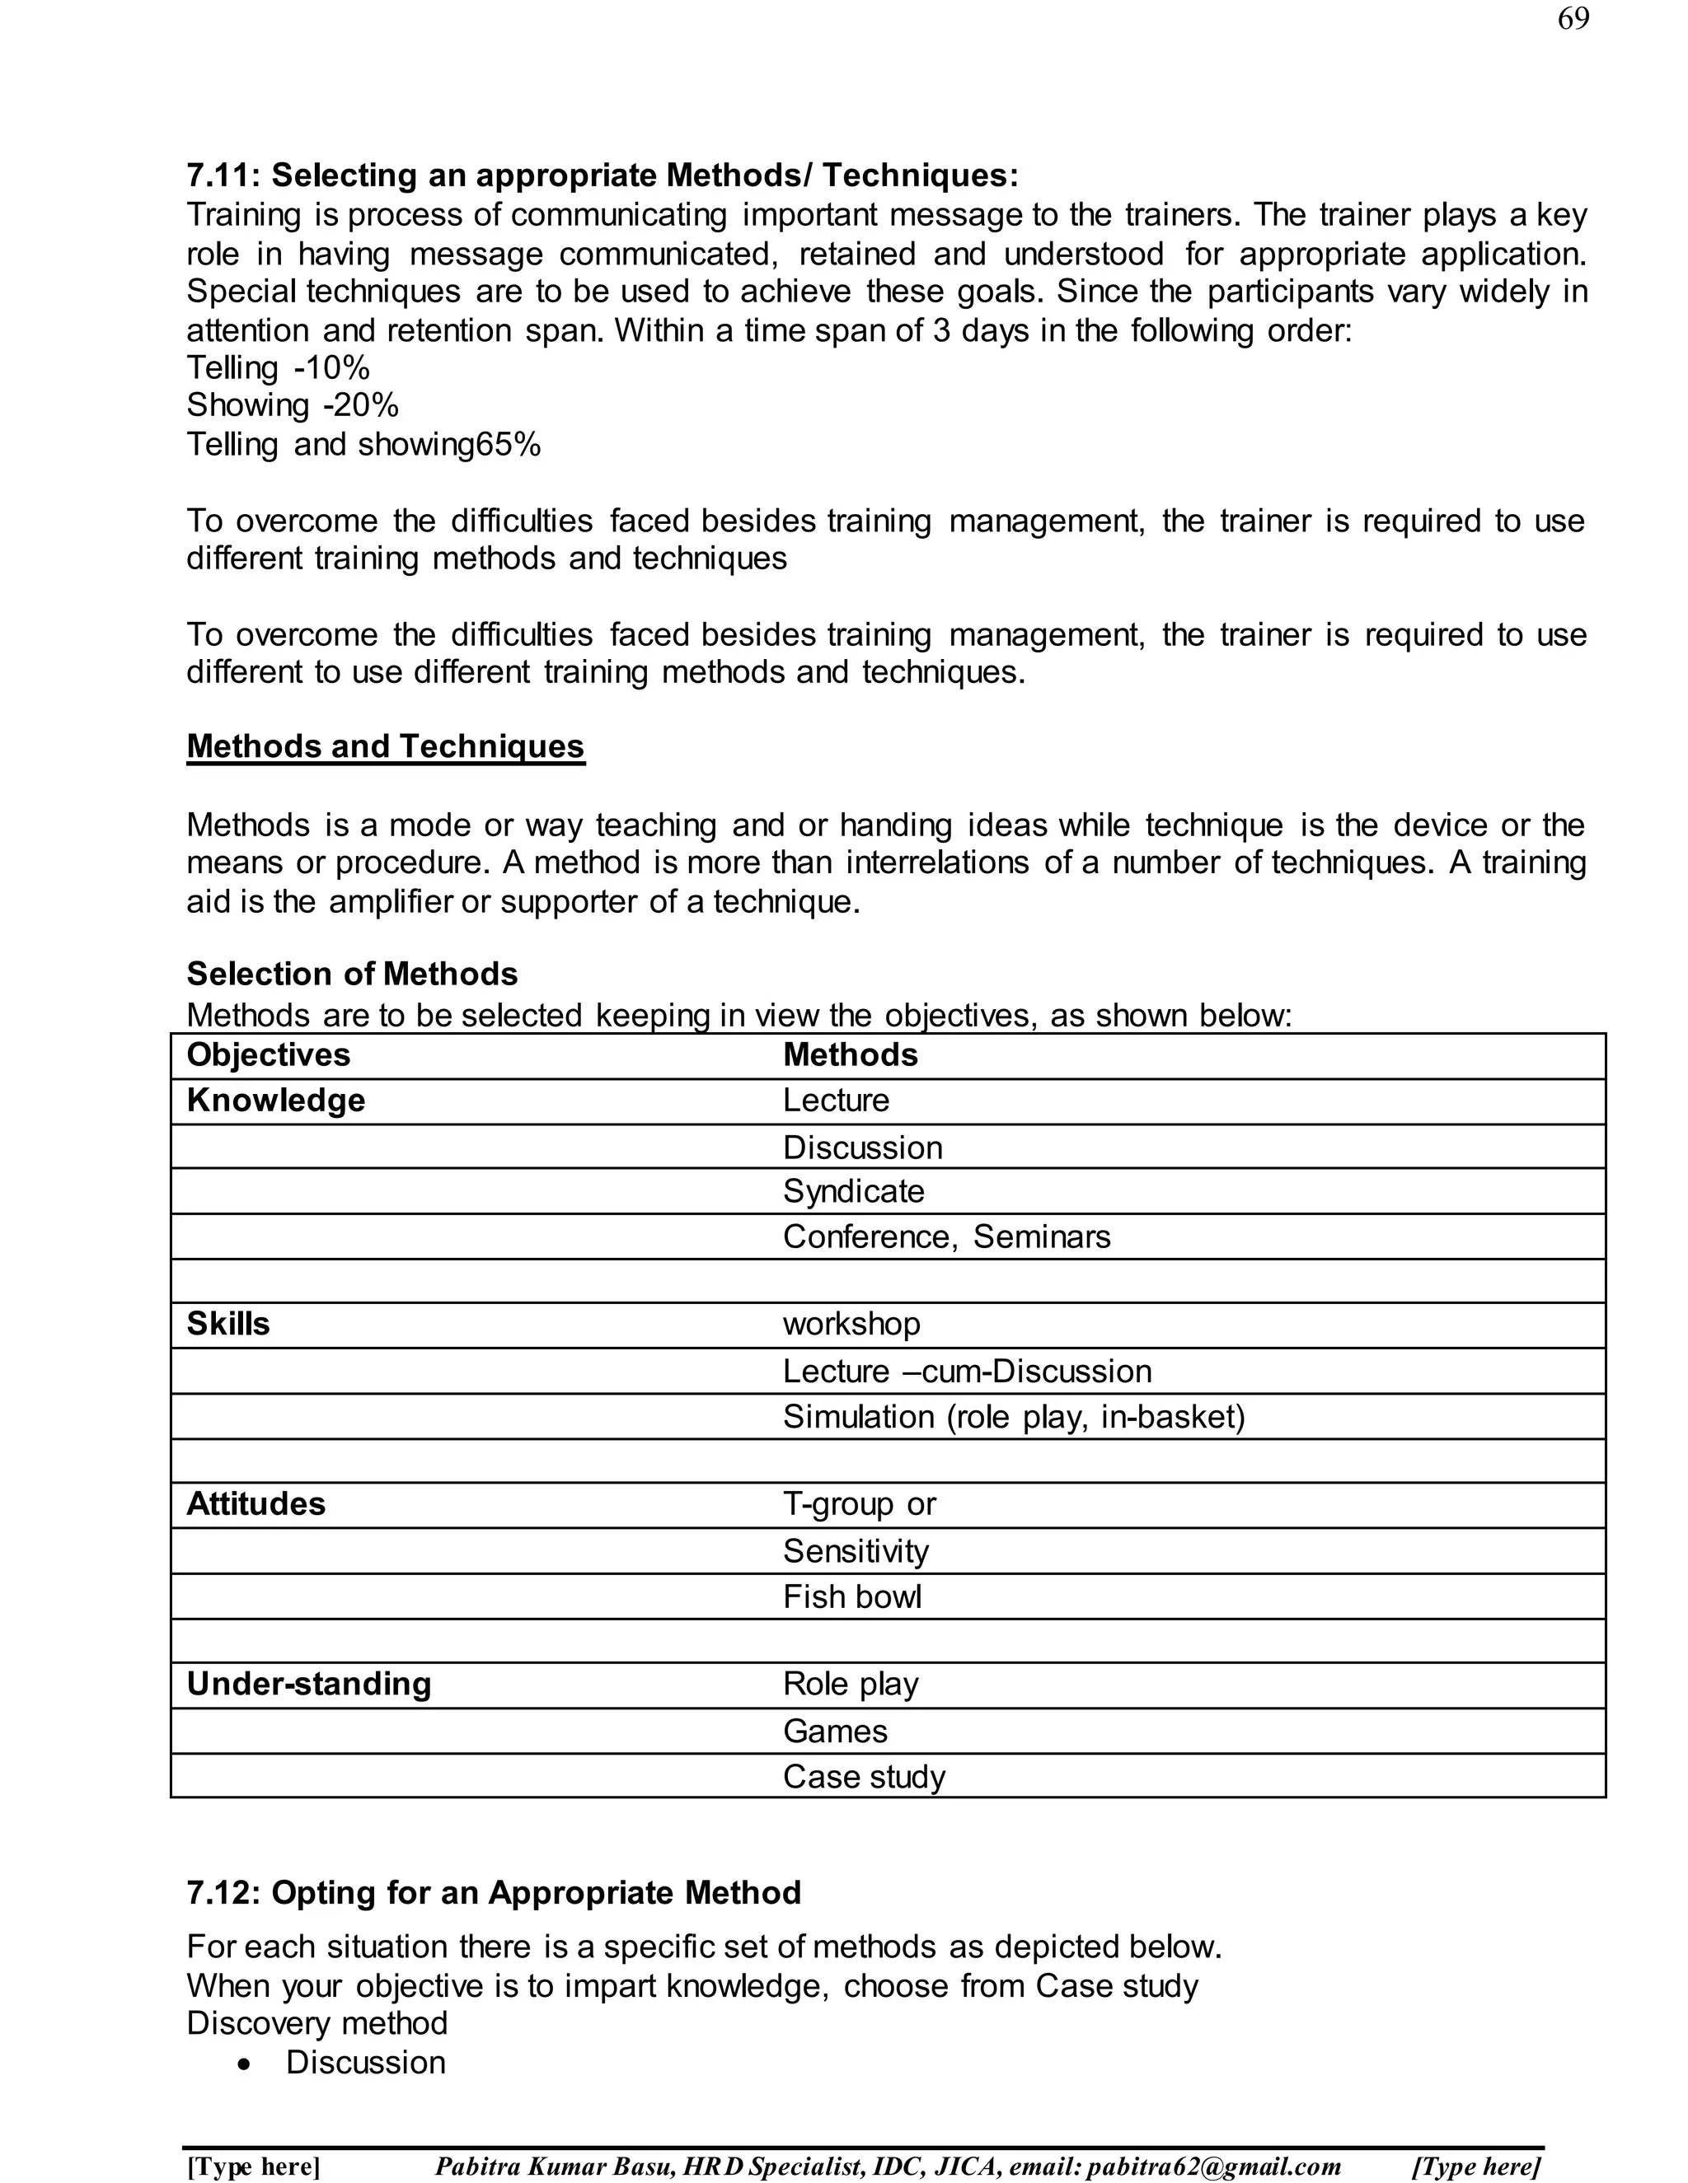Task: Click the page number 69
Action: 1572,19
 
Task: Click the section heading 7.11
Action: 602,176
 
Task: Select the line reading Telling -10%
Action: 278,368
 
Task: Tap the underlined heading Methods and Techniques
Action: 385,746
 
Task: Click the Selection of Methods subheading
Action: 352,974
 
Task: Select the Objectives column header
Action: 268,1054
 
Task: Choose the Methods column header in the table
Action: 850,1054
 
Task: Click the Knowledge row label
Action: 276,1101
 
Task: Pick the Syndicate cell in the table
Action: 853,1191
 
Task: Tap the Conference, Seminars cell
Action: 946,1237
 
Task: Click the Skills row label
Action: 228,1325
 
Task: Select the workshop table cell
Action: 851,1325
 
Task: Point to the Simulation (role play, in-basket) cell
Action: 1013,1418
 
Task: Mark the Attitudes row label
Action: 256,1504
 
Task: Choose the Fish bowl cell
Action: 851,1597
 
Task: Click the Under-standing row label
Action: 309,1685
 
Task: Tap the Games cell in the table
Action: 835,1732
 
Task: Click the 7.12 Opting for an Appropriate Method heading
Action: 494,1893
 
